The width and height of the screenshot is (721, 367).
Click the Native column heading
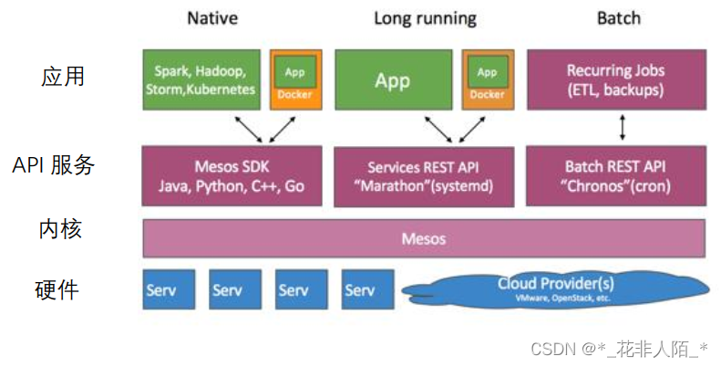[213, 17]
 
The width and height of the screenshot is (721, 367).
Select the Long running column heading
[425, 17]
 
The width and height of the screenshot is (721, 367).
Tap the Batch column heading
[619, 17]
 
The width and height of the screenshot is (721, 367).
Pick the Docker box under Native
[295, 79]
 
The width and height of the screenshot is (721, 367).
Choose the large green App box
[393, 79]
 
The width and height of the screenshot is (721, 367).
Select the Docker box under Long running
[488, 79]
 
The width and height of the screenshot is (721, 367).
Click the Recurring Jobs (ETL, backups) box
[616, 79]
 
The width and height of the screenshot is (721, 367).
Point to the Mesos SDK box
[232, 176]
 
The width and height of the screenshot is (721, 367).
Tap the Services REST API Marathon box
[424, 176]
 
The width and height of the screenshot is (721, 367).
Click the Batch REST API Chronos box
[616, 176]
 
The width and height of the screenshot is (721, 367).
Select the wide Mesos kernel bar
[424, 238]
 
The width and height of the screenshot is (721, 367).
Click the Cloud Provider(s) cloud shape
[554, 288]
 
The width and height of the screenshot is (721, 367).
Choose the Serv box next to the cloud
[368, 289]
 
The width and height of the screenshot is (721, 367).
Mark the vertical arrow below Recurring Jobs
[623, 128]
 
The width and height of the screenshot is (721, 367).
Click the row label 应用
[63, 77]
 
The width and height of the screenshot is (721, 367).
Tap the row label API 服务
[54, 166]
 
